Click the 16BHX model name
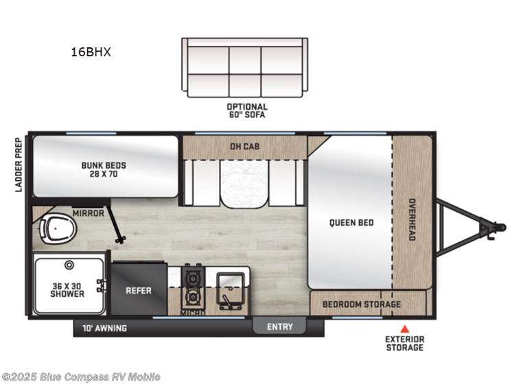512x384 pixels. click(86, 51)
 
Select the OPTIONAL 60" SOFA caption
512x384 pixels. click(247, 111)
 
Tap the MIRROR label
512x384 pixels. click(88, 213)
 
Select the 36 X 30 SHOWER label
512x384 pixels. click(67, 289)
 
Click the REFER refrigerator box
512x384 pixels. click(138, 291)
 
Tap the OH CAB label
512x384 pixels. click(244, 145)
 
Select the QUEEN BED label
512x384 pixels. click(351, 222)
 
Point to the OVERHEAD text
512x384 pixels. click(412, 219)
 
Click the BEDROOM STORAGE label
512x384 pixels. click(362, 304)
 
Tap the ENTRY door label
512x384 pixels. click(281, 327)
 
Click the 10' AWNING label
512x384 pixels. click(104, 328)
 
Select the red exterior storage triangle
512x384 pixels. click(404, 328)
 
